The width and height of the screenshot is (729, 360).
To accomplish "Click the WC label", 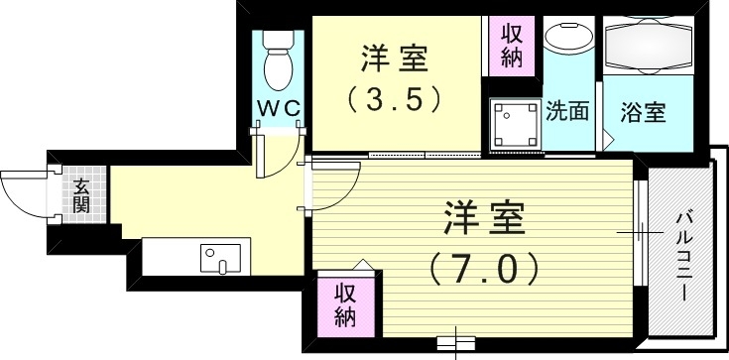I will click(x=281, y=107).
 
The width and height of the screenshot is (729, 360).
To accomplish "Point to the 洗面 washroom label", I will click(x=567, y=111).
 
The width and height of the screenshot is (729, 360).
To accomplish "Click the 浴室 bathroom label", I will click(x=643, y=111).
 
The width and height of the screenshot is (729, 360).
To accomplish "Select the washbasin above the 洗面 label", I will click(x=567, y=45).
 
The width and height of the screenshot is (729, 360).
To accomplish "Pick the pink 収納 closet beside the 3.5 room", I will click(x=512, y=46).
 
